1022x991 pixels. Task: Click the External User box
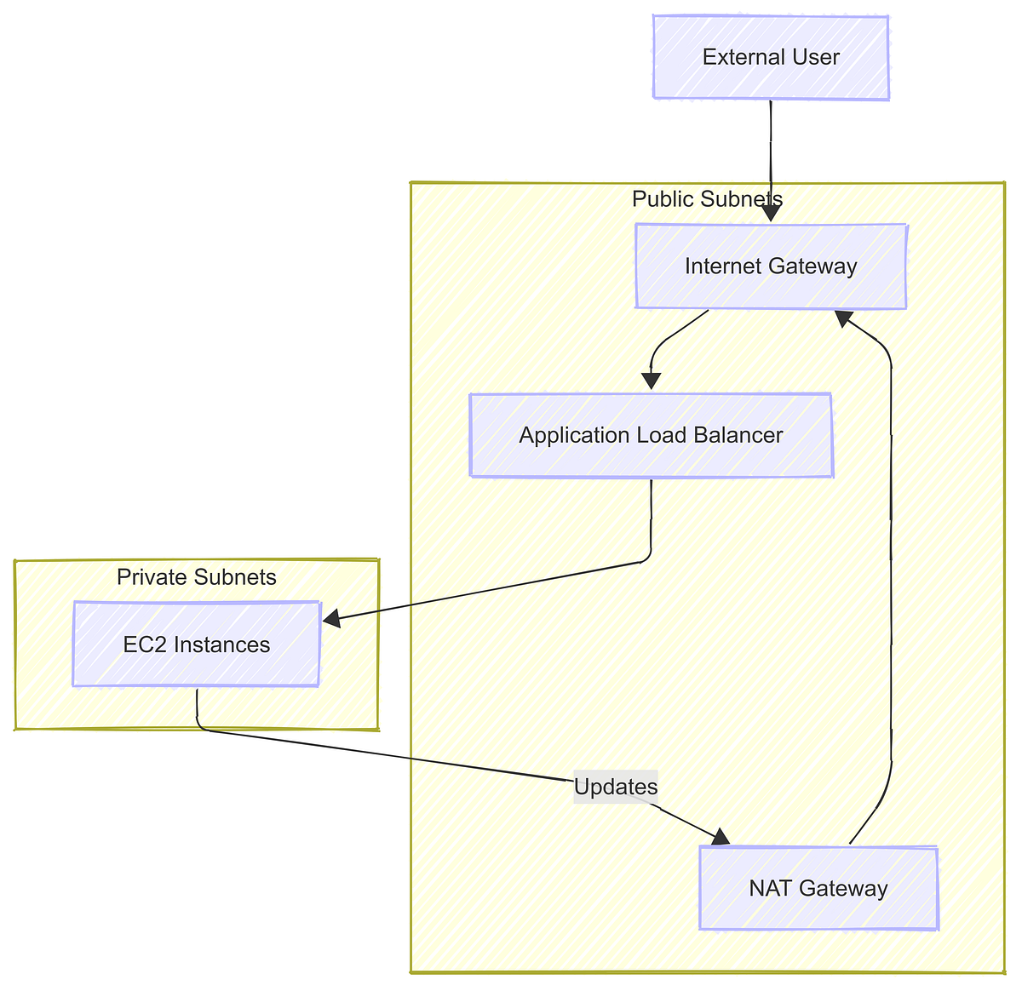[771, 57]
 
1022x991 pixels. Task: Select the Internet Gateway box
[771, 266]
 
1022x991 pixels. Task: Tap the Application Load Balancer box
[651, 435]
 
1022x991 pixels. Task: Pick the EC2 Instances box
[197, 644]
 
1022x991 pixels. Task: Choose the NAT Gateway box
[818, 888]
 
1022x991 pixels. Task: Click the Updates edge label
[616, 787]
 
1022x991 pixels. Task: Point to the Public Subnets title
[707, 199]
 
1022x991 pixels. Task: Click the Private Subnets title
[197, 577]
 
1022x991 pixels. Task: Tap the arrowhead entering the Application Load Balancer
[652, 381]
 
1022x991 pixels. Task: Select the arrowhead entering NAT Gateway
[720, 838]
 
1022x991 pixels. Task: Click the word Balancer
[738, 435]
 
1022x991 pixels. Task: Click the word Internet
[723, 266]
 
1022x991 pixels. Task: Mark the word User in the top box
[818, 57]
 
